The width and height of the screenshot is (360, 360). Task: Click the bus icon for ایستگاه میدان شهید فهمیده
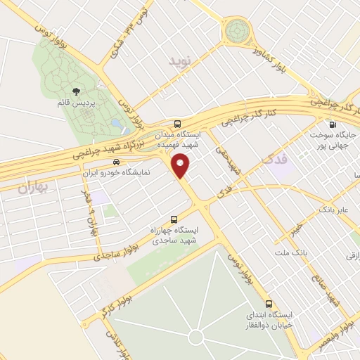coord(179,121)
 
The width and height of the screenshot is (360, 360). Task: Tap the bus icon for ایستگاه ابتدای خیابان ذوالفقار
coord(269,304)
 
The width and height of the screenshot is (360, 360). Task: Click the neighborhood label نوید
coord(181,62)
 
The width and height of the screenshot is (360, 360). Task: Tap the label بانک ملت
coord(300,250)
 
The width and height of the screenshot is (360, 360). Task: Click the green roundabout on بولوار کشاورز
coord(238,32)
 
